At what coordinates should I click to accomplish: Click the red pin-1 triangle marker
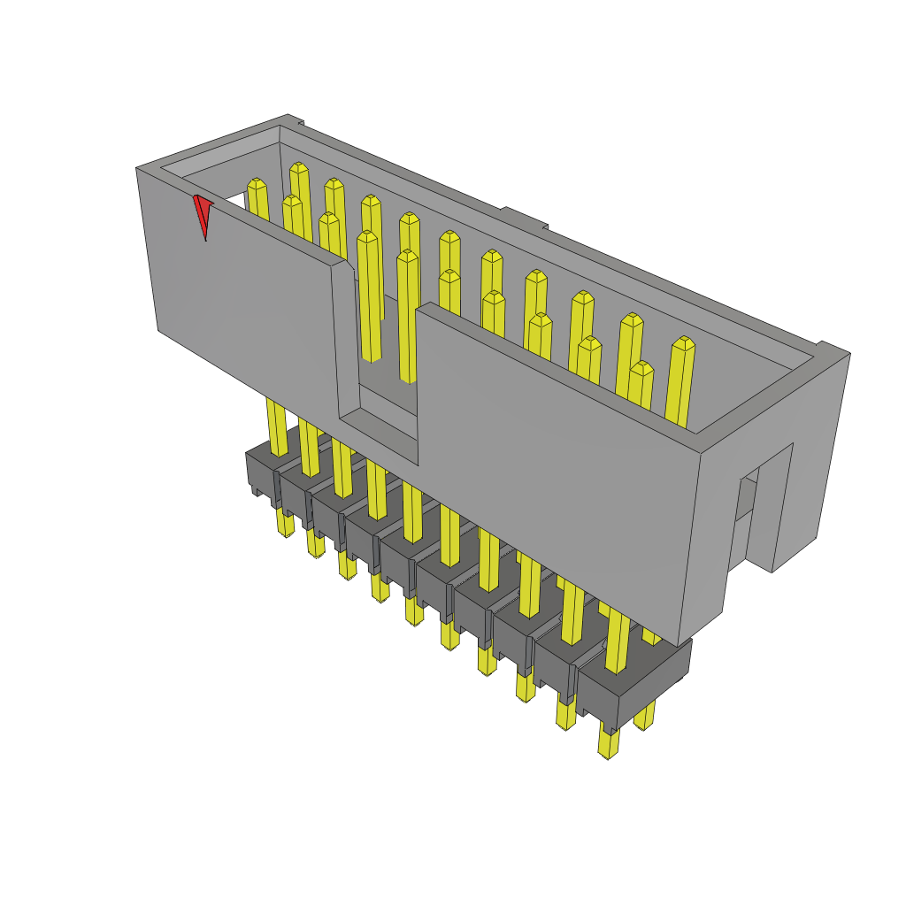[x=203, y=213]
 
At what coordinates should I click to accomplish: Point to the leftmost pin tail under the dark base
[x=285, y=524]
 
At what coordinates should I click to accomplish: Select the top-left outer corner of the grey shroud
[x=137, y=168]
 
